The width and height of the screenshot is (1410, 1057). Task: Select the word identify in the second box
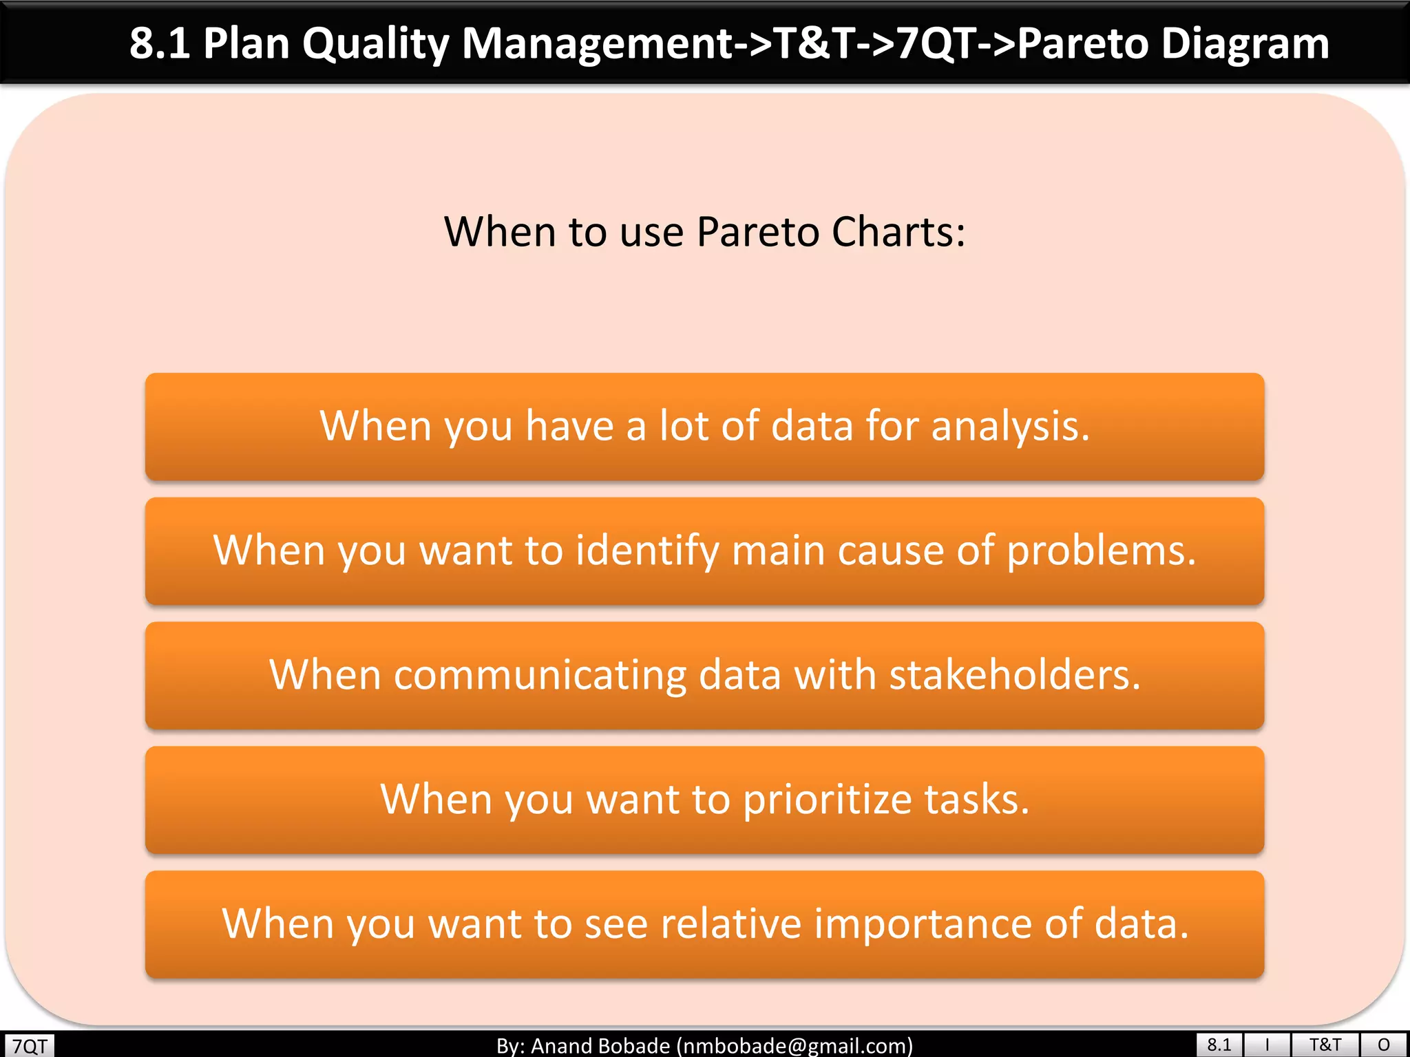tap(646, 551)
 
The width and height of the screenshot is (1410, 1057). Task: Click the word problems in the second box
tap(1101, 551)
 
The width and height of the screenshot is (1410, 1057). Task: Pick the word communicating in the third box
tap(540, 675)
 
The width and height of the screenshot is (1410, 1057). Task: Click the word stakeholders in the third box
tap(1013, 675)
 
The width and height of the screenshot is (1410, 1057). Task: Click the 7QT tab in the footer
tap(29, 1046)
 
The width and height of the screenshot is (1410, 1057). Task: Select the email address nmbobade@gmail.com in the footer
tap(795, 1046)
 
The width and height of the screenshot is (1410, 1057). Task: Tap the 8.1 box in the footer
tap(1219, 1045)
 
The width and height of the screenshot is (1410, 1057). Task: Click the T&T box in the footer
tap(1325, 1045)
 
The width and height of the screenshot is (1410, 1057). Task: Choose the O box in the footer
tap(1384, 1045)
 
